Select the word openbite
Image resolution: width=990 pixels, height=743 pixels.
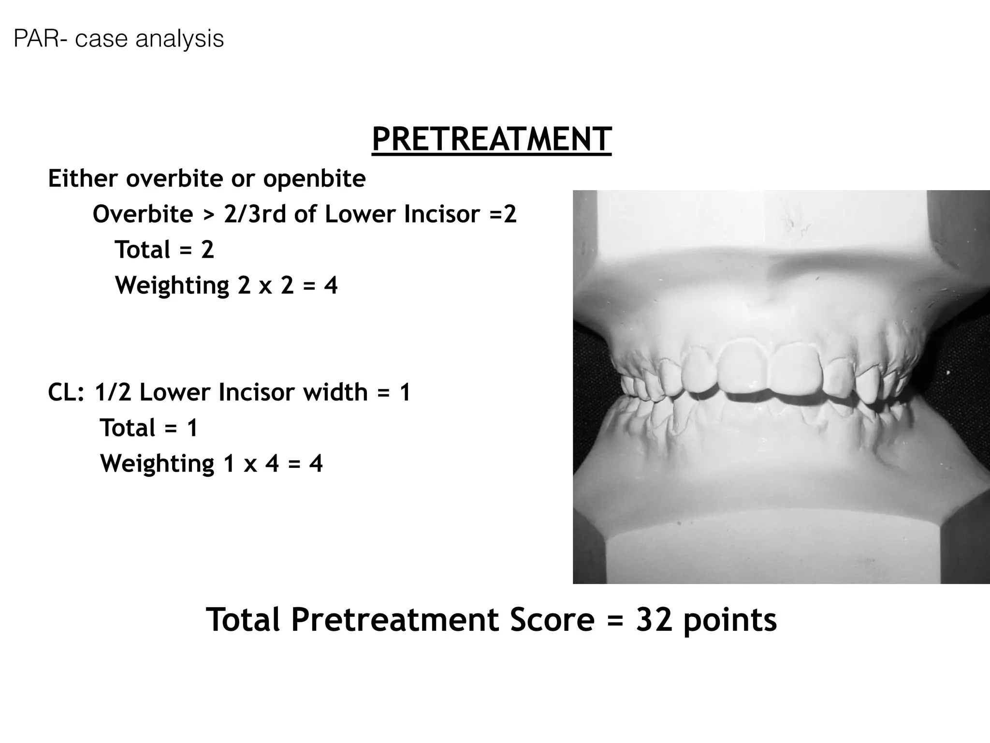(314, 178)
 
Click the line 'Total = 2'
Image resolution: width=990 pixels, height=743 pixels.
(164, 250)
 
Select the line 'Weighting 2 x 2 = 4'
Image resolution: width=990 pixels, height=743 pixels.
(226, 285)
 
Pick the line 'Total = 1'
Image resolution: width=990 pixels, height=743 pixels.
(149, 428)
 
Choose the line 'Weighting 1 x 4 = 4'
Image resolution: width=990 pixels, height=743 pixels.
(211, 463)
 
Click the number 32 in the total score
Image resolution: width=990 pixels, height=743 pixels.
(654, 620)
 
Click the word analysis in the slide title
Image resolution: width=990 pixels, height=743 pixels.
(180, 39)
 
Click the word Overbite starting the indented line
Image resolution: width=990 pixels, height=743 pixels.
(143, 214)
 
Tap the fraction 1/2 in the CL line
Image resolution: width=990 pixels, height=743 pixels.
(113, 392)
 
